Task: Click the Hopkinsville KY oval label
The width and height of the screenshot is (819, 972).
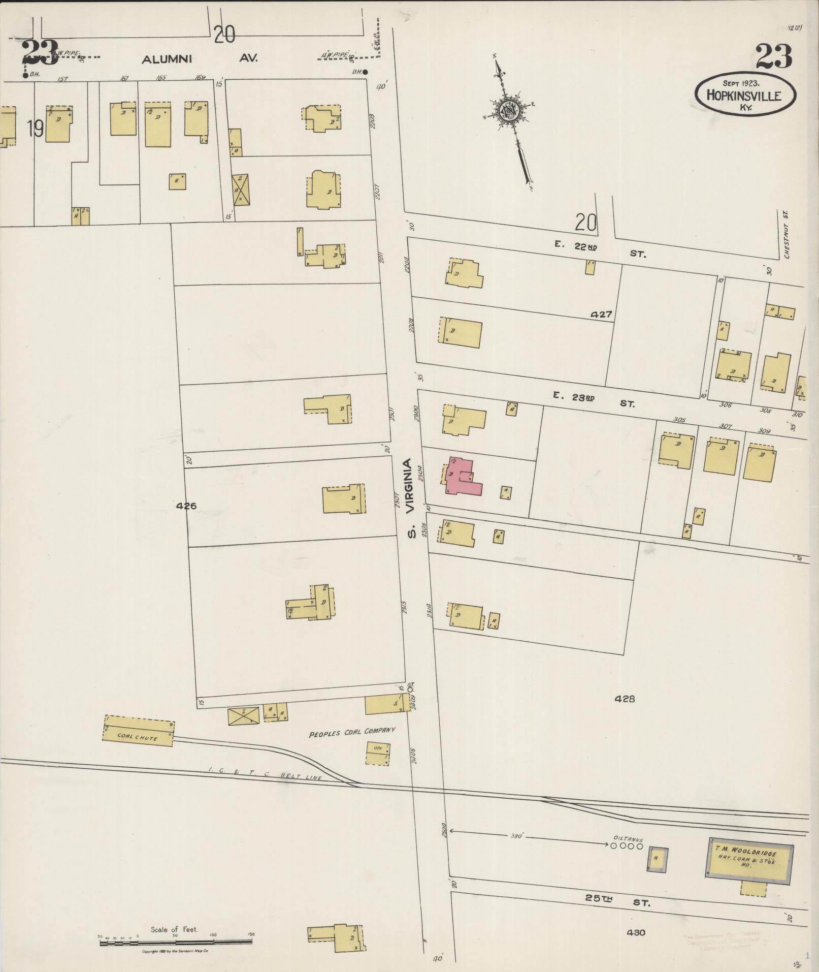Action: tap(744, 95)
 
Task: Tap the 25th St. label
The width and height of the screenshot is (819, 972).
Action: tap(617, 901)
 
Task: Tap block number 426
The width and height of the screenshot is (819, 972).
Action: tap(186, 506)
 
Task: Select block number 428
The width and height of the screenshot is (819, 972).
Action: tap(625, 699)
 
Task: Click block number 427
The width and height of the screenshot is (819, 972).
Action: tap(601, 315)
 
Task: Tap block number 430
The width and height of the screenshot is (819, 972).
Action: tap(636, 932)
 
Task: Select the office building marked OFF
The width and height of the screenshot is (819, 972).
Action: tap(378, 754)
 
